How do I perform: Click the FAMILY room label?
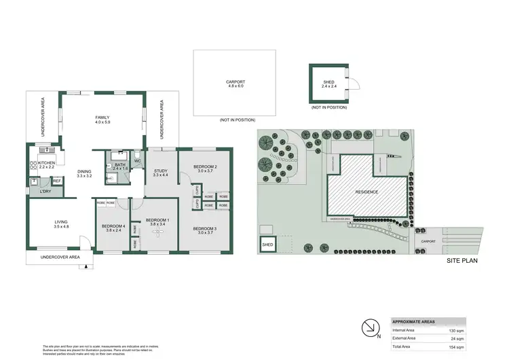tap(102, 118)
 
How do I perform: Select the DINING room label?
tap(84, 172)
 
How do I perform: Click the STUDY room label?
tap(161, 171)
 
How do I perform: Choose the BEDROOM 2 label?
tap(205, 166)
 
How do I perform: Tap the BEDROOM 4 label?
tap(113, 226)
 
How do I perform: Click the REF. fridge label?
tap(57, 180)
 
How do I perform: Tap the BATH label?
tap(120, 164)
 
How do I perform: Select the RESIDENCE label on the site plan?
tap(367, 192)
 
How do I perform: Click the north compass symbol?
tap(370, 327)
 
